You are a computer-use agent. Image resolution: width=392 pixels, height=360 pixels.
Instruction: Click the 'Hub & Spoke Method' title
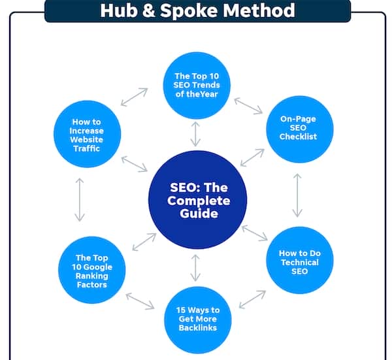coord(197,10)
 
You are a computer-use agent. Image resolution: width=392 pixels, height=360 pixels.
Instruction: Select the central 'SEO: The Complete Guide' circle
coord(197,200)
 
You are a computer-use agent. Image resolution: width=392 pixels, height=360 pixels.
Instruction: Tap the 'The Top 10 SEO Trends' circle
coord(197,85)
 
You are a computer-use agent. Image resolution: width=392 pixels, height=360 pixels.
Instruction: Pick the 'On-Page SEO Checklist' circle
coord(299,129)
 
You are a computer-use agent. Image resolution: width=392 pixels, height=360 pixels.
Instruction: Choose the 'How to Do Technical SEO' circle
coord(299,260)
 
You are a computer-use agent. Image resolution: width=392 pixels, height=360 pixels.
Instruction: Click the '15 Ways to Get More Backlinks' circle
coord(198,320)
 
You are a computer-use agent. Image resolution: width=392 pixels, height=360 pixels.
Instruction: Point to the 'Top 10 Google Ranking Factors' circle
coord(91,270)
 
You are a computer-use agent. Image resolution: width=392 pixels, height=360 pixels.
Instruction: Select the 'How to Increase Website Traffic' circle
coord(88,134)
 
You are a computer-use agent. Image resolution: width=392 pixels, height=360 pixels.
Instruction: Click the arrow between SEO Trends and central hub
coord(195,134)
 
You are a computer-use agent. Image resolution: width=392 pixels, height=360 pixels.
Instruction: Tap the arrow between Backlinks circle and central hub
coord(195,268)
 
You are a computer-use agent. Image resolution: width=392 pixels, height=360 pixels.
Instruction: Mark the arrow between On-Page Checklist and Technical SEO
coord(297,195)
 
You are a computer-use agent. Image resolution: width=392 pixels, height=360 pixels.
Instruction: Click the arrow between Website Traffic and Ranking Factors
coord(80,200)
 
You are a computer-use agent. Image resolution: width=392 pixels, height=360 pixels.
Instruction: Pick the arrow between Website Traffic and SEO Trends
coord(134,97)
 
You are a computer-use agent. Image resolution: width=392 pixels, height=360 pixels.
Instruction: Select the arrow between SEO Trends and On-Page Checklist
coord(248,106)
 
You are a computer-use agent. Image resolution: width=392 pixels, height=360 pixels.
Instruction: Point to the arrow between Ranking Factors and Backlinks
coord(140,301)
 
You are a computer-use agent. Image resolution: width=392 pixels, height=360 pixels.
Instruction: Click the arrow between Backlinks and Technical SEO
coord(252,299)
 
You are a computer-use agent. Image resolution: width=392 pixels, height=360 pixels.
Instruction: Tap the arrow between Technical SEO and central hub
coord(255,233)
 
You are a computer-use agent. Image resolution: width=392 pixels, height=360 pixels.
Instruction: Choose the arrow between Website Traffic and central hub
coord(135,164)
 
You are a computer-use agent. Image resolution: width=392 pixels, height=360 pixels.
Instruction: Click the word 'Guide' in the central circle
coord(199,214)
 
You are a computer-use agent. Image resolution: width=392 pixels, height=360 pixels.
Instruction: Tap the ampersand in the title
coord(149,10)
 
